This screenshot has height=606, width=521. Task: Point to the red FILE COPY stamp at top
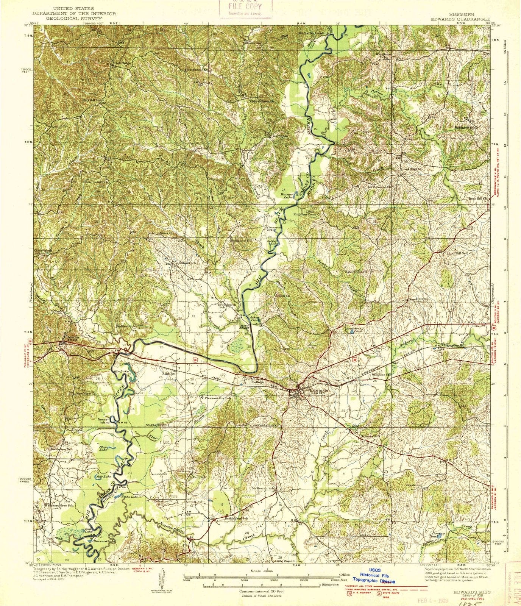245,8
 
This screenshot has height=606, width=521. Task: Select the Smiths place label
168,373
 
